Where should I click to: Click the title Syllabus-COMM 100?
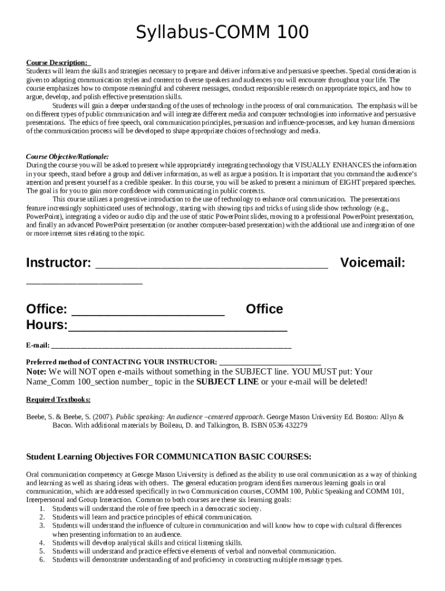[x=222, y=32]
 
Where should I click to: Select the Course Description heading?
[x=57, y=62]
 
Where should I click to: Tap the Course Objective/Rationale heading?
[x=67, y=156]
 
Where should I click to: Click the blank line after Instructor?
[x=212, y=265]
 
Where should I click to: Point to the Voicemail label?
[x=373, y=263]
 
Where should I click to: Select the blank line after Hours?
[x=177, y=327]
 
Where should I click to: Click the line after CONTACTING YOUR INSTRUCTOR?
[x=270, y=361]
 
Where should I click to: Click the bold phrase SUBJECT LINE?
[x=228, y=382]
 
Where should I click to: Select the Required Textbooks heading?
[x=58, y=399]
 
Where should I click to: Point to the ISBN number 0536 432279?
[x=287, y=425]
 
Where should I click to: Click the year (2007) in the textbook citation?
[x=104, y=417]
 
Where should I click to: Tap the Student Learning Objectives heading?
[x=169, y=457]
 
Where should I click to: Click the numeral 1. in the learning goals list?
[x=42, y=509]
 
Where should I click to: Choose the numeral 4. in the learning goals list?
[x=42, y=543]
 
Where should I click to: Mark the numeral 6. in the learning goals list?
[x=42, y=560]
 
